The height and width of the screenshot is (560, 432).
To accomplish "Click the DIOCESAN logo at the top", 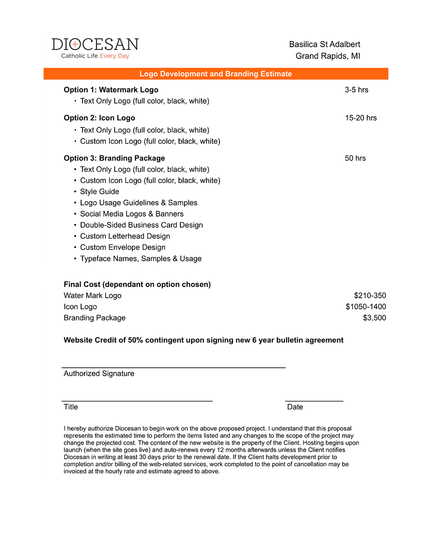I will click(x=95, y=44).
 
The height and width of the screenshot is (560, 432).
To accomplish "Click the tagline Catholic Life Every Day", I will click(x=95, y=56).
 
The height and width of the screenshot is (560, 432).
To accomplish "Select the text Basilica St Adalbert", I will click(x=324, y=44).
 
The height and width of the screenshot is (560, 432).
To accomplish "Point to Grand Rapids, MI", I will click(x=328, y=56).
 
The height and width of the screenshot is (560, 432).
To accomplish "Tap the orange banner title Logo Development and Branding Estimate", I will click(x=216, y=74).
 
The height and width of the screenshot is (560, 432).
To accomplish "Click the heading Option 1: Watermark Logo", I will click(x=111, y=90).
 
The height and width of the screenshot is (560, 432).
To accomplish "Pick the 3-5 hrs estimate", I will click(x=357, y=90).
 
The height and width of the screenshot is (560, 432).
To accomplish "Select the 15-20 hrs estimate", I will click(x=361, y=118).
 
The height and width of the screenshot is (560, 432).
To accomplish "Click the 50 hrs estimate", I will click(x=355, y=158).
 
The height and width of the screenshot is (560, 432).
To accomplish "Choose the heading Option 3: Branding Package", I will click(x=114, y=158).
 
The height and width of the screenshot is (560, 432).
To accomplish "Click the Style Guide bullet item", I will click(x=99, y=191).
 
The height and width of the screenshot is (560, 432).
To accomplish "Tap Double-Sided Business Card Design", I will click(x=141, y=225).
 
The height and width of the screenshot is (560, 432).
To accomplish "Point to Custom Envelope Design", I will click(x=123, y=247).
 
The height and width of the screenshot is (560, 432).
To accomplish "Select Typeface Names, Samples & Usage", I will click(x=141, y=259).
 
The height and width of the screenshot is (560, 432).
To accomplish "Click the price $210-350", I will click(x=370, y=295).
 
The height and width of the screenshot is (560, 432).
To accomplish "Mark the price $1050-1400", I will click(x=366, y=307).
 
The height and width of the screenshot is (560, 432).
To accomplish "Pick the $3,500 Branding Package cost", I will click(x=374, y=318).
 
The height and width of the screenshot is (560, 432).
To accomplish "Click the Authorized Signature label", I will click(x=99, y=373).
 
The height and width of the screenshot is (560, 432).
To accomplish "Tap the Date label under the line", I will click(x=295, y=407).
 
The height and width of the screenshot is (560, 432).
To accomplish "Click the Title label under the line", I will click(x=71, y=407).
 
